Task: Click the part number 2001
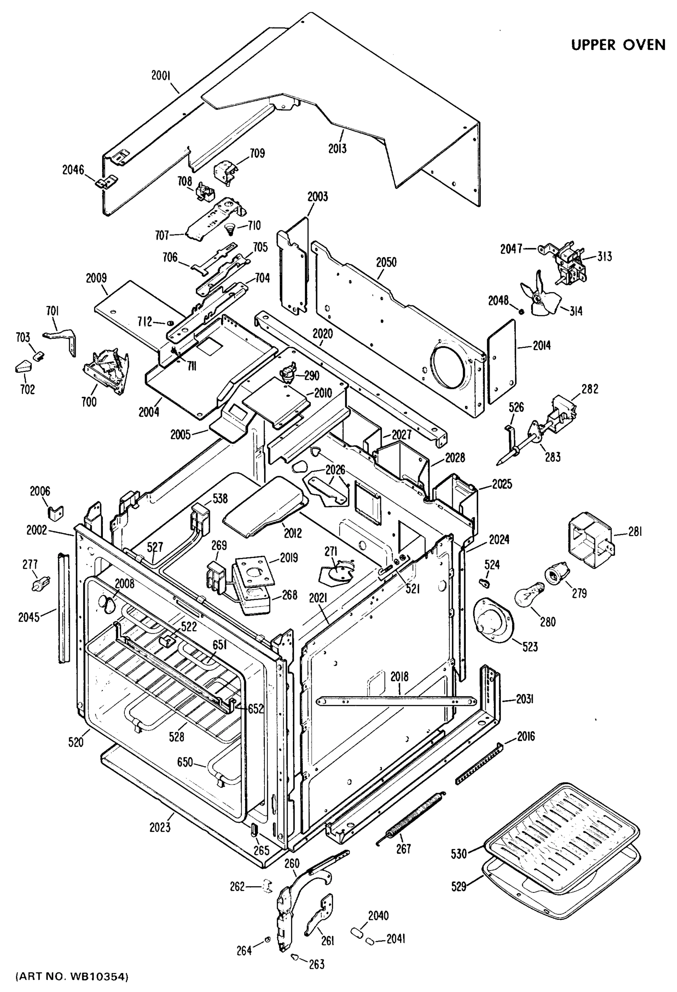pyautogui.click(x=161, y=76)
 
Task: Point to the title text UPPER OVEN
pyautogui.click(x=618, y=44)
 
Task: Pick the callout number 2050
pyautogui.click(x=386, y=262)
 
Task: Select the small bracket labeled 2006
pyautogui.click(x=55, y=512)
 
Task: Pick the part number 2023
pyautogui.click(x=160, y=827)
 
